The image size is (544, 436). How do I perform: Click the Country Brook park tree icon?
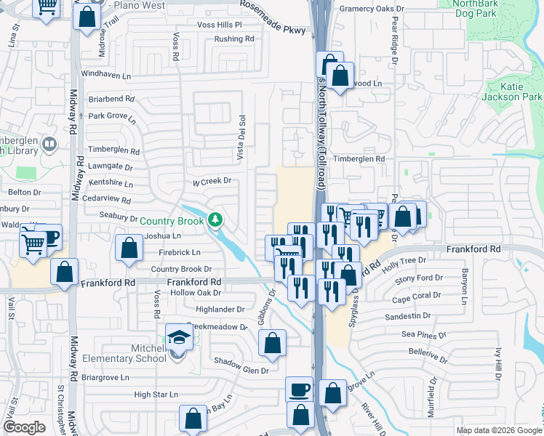click(215, 219)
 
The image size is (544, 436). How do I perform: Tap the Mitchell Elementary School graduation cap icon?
click(177, 337)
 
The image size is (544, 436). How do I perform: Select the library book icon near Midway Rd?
click(49, 143)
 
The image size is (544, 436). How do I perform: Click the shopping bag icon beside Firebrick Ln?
click(129, 248)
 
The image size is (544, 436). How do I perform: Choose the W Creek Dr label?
click(211, 181)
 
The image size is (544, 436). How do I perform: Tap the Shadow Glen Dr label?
click(241, 370)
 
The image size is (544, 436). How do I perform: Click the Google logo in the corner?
click(24, 427)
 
